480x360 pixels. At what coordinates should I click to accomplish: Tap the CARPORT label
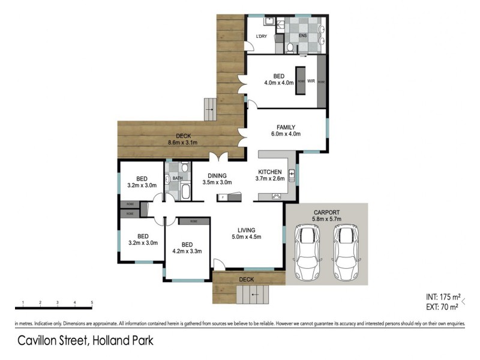[326, 212]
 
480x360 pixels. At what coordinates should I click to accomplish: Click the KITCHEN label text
[269, 172]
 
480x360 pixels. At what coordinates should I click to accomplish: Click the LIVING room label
[246, 230]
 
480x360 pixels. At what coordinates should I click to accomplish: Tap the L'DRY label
[262, 37]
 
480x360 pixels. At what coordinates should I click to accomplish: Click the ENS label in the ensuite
[303, 35]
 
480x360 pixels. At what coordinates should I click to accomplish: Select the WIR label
[311, 80]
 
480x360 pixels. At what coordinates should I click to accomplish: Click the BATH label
[178, 178]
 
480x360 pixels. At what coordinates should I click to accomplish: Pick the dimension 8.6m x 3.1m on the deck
[183, 142]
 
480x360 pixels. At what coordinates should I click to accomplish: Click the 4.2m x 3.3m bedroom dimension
[187, 251]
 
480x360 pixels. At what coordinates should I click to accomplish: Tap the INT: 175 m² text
[442, 297]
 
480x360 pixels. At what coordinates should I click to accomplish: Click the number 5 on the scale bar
[92, 302]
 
